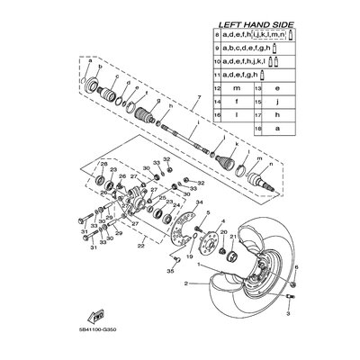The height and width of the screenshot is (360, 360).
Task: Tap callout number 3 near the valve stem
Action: click(290, 317)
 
